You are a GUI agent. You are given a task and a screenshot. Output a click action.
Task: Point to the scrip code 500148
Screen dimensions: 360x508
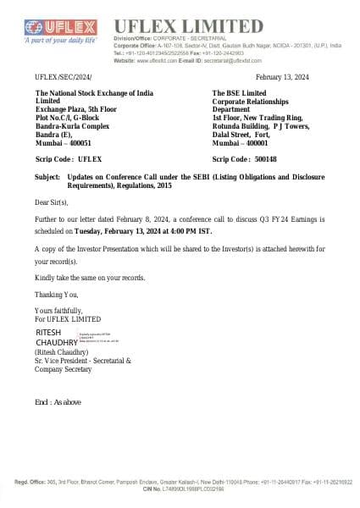[x=269, y=158]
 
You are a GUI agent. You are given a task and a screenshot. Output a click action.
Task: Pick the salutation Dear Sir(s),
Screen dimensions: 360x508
[x=54, y=203]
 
